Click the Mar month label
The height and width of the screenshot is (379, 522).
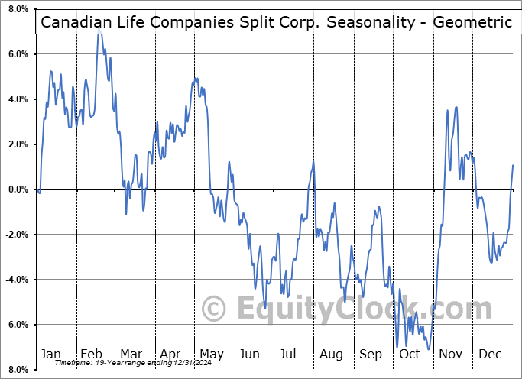coord(131,354)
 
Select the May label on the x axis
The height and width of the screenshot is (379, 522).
coord(212,354)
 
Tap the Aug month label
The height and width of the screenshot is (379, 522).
coord(332,354)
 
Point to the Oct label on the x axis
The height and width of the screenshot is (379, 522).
coord(410,354)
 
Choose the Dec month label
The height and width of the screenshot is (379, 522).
coord(491,354)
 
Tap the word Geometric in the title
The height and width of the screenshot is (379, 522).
coord(472,22)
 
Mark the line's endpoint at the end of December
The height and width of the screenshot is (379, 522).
coord(513,165)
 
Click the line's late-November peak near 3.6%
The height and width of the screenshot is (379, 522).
coord(456,107)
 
